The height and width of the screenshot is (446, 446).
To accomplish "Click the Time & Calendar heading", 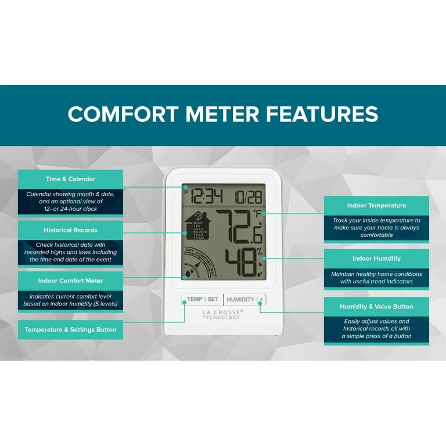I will point(70,179).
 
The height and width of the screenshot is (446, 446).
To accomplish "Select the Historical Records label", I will point(70,230).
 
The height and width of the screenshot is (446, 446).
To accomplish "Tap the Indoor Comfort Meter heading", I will point(70,280).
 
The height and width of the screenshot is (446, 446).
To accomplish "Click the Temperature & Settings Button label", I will point(70,329).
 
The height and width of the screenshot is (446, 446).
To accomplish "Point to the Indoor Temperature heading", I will point(376,206).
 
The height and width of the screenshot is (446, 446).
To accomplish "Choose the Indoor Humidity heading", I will point(376,258).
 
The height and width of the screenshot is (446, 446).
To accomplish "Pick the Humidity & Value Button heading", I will point(376,307).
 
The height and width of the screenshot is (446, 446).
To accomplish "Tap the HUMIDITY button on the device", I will point(240,300).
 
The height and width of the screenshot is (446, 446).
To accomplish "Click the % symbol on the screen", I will point(260,251).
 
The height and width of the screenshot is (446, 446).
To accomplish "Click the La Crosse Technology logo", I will point(222,314).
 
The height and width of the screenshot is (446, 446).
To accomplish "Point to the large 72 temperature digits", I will point(232,226).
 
